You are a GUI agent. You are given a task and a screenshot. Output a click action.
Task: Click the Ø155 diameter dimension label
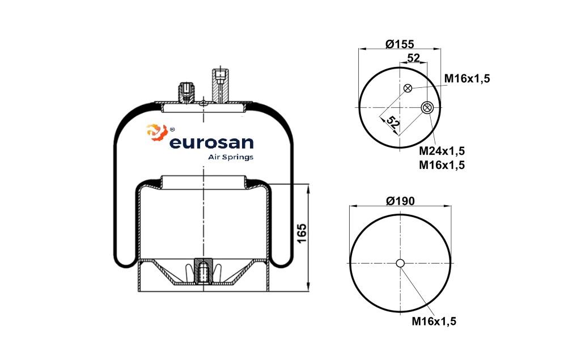coord(400,44)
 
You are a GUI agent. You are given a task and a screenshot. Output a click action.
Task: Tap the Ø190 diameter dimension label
coord(401,200)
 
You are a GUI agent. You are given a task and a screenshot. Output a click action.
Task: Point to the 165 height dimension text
coord(302,233)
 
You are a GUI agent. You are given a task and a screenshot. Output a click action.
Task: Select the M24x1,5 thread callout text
coord(442,151)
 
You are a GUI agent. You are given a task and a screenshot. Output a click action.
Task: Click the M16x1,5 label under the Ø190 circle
coord(434,321)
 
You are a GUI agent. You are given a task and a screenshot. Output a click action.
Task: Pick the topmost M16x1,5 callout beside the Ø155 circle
coord(467,79)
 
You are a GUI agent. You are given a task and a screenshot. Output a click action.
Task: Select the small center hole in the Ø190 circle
coord(400,263)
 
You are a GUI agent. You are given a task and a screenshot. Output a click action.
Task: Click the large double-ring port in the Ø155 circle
coord(428,107)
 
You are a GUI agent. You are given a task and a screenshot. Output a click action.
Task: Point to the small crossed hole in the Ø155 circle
coord(408,88)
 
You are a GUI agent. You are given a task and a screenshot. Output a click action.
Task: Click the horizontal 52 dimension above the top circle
coord(413,58)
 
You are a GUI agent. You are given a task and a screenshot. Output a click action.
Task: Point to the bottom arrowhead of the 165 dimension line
coord(308,287)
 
